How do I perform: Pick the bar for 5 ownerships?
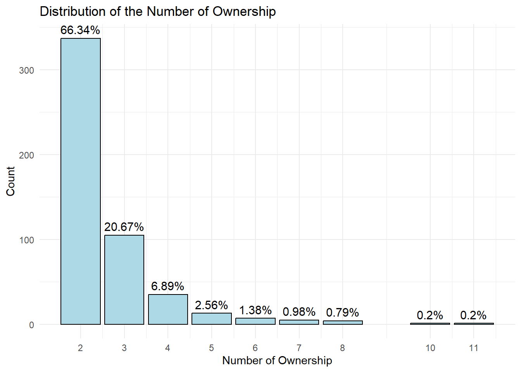[x=212, y=319]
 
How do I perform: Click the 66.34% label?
[x=80, y=30]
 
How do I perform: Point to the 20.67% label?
[x=124, y=227]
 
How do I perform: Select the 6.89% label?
[x=167, y=286]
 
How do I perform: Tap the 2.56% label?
[x=211, y=305]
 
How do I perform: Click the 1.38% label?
[x=255, y=310]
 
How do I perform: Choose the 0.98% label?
[x=299, y=312]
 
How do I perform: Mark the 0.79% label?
[x=343, y=313]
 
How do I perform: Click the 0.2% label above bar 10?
[x=430, y=315]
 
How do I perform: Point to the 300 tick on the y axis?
[x=26, y=71]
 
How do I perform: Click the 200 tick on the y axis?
[x=26, y=155]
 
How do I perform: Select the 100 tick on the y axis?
[x=26, y=240]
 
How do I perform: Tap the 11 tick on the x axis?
[x=474, y=348]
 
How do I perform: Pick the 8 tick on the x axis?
[x=343, y=348]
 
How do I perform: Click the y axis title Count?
[x=10, y=181]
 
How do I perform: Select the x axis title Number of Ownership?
[x=277, y=361]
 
